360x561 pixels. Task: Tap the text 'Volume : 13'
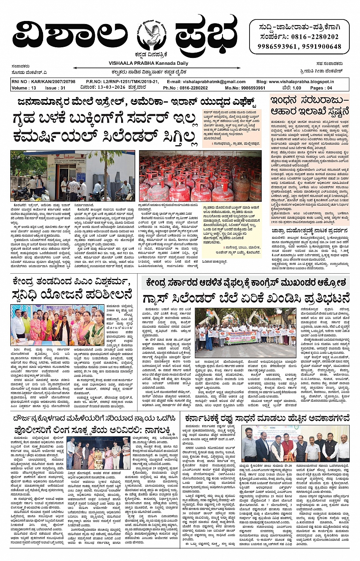pos(24,88)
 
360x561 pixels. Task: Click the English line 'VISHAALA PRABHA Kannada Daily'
pos(148,63)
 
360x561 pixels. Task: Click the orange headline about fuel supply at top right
pos(309,106)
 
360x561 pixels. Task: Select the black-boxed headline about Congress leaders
pos(246,283)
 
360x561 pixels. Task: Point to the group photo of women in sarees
pos(57,325)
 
